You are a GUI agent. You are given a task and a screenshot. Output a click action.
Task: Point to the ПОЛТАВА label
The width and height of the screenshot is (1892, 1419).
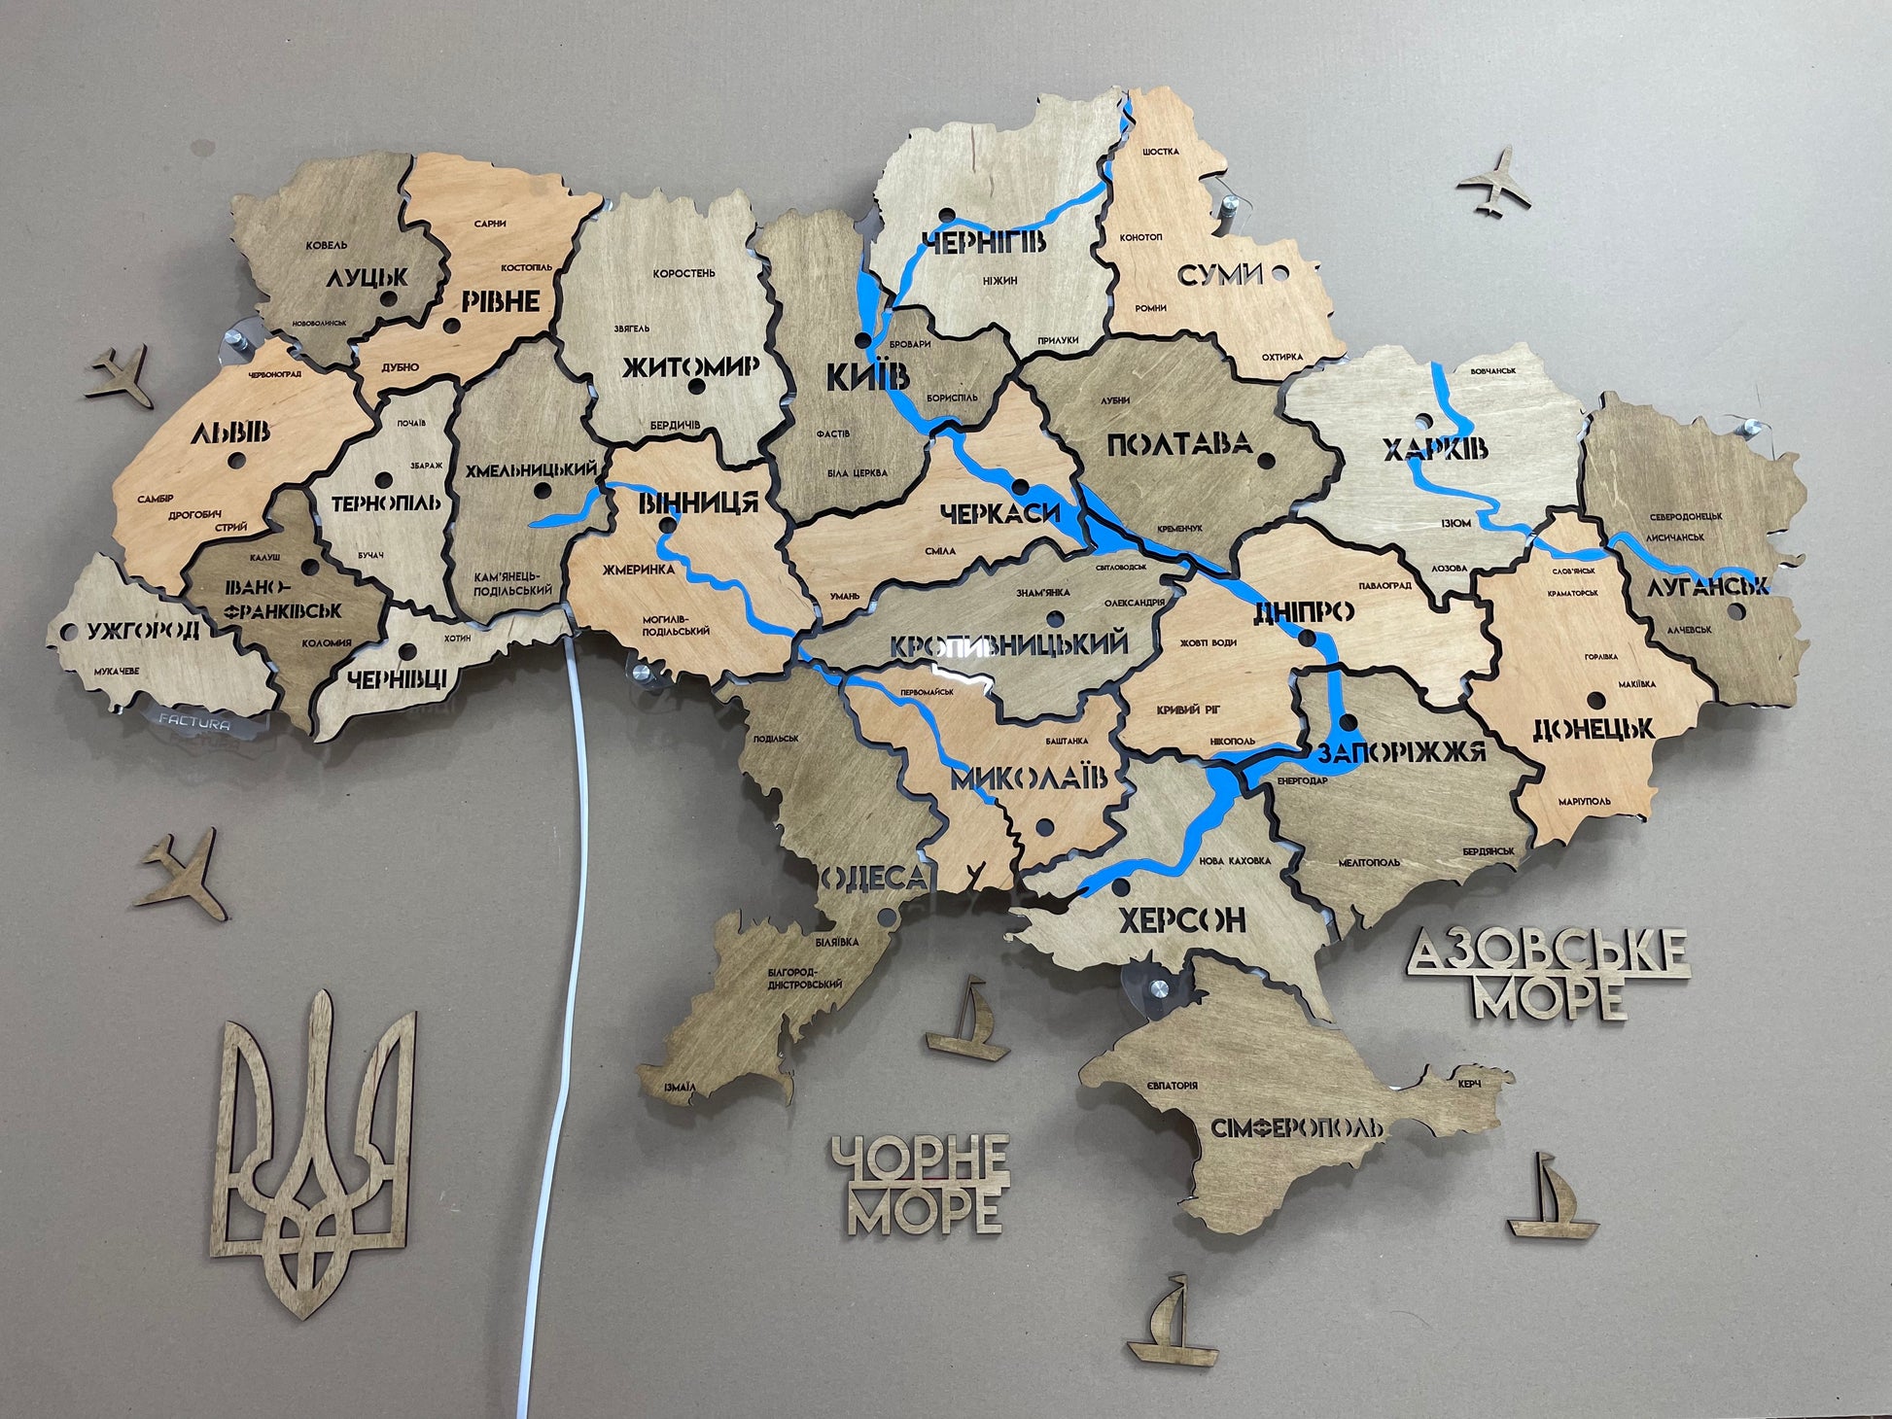point(1178,445)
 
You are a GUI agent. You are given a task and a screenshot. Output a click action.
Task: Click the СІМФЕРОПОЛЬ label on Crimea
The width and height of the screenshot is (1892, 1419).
point(1296,1128)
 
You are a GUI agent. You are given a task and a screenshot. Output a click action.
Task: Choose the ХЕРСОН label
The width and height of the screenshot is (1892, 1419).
point(1181,918)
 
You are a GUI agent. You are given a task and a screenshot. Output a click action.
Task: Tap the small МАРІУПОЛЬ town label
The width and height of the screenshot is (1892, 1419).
point(1584,801)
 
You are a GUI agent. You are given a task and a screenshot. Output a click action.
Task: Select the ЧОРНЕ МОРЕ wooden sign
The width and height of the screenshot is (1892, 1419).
point(920,1184)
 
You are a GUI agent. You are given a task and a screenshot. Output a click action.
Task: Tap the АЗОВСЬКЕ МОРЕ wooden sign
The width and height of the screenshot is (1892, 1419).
point(1549,973)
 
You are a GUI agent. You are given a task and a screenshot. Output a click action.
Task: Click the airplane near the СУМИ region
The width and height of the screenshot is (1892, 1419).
point(1494,179)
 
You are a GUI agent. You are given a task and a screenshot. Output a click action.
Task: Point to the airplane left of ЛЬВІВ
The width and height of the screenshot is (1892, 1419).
point(123,376)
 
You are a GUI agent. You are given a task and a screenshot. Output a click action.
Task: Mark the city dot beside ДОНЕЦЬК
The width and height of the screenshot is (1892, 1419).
point(1595,700)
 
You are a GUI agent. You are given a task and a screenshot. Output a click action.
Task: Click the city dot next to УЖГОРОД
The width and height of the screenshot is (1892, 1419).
point(66,631)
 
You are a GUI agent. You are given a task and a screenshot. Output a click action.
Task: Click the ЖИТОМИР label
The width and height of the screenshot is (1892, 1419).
point(689,367)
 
